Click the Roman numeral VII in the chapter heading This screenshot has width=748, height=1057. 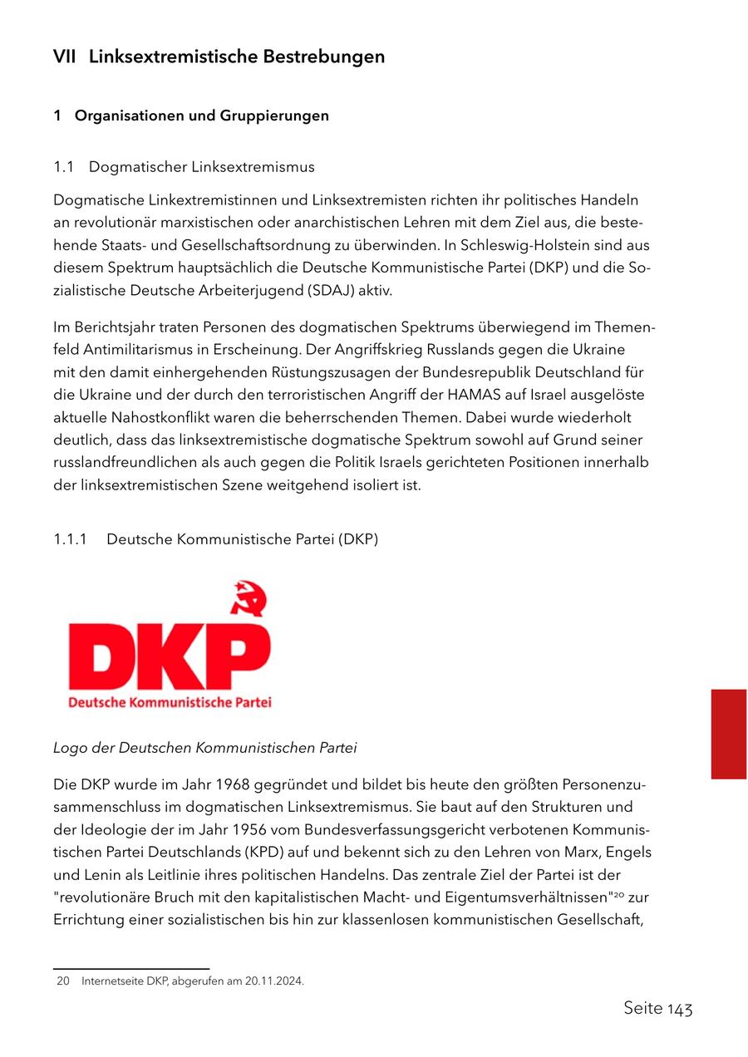click(x=65, y=57)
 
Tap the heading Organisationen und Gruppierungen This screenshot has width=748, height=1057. click(x=201, y=116)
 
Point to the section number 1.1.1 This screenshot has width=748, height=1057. click(x=71, y=539)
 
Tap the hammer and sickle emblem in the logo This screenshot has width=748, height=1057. click(x=249, y=597)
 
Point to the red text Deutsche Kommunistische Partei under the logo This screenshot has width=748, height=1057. click(x=170, y=703)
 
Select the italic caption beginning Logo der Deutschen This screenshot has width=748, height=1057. click(x=204, y=748)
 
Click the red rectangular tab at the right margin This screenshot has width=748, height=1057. click(x=728, y=733)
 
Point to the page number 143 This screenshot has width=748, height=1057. click(x=680, y=1009)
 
